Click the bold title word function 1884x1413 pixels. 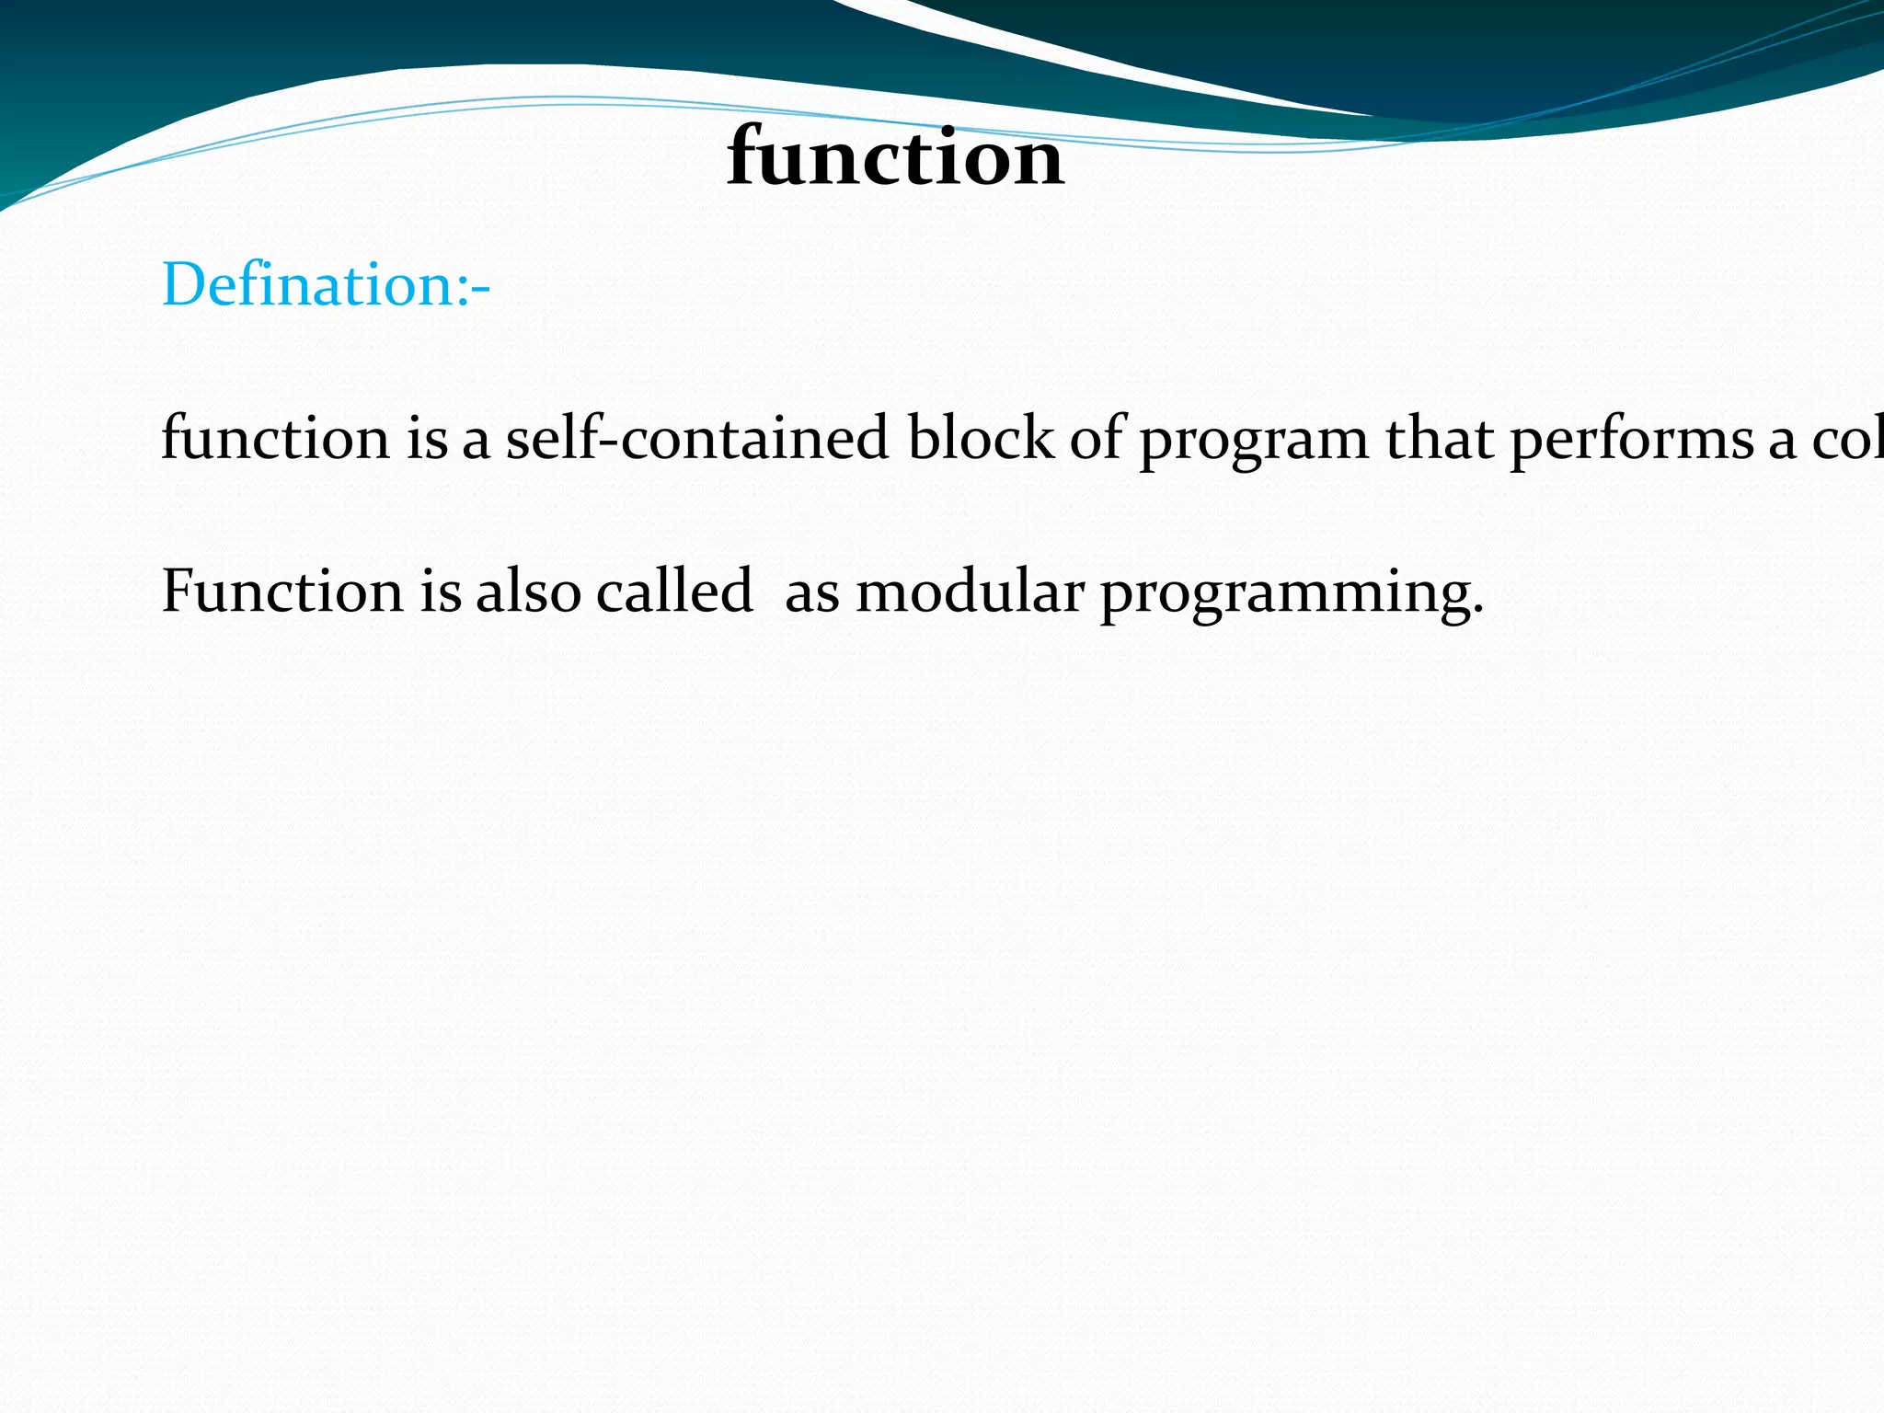point(895,158)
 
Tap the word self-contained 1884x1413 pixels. point(697,438)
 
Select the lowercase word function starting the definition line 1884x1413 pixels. point(275,438)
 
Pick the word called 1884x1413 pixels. point(673,591)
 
